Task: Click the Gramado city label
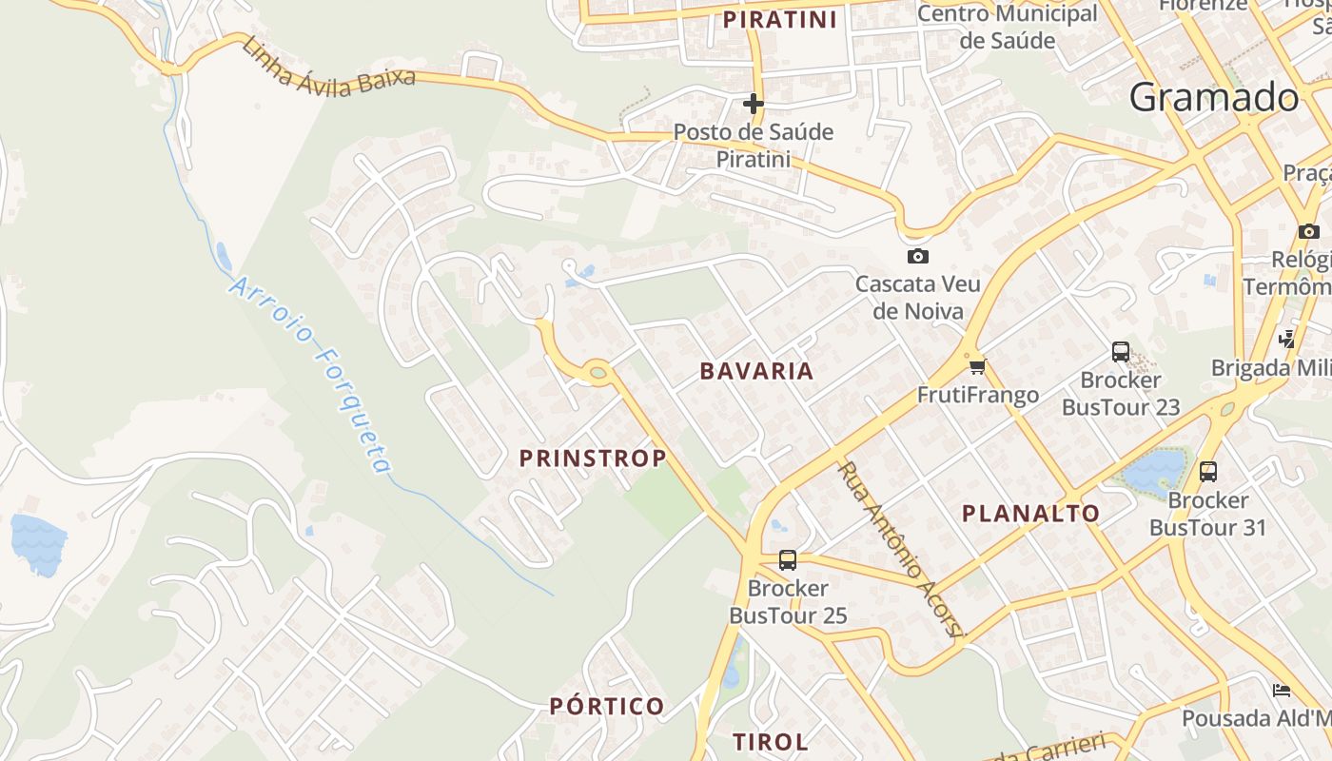(1214, 98)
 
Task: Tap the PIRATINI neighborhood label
(779, 20)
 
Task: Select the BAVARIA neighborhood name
(756, 371)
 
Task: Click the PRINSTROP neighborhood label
(592, 459)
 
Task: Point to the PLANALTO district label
(1030, 514)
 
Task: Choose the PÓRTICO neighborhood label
(607, 706)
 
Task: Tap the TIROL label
(770, 742)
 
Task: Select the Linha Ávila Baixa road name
(328, 67)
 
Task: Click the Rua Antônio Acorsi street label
(900, 550)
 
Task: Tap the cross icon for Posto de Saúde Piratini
(754, 103)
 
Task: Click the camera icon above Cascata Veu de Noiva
(918, 256)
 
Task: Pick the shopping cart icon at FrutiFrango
(977, 366)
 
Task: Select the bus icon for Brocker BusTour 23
(1121, 352)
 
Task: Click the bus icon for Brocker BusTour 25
(788, 559)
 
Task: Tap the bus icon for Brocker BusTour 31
(1208, 471)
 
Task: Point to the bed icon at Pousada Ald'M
(1282, 690)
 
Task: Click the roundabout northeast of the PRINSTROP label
(597, 373)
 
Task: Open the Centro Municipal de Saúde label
(1007, 27)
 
